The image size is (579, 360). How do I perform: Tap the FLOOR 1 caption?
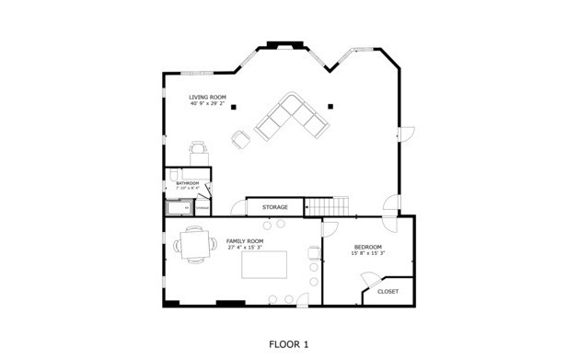(x=288, y=343)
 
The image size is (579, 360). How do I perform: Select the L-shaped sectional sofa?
(x=291, y=119)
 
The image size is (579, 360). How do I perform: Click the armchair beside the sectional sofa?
(x=241, y=139)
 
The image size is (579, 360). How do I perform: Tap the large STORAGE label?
(x=274, y=207)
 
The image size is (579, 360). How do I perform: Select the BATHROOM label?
(x=187, y=183)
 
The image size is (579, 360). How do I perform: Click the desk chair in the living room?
(x=198, y=147)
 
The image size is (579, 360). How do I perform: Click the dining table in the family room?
(x=194, y=246)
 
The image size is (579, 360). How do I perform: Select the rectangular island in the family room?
(x=265, y=265)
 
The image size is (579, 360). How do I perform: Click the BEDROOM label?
(x=367, y=247)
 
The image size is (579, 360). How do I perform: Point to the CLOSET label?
(x=388, y=292)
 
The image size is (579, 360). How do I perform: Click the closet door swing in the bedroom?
(x=371, y=284)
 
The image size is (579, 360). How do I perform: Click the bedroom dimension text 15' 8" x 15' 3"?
(x=368, y=253)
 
